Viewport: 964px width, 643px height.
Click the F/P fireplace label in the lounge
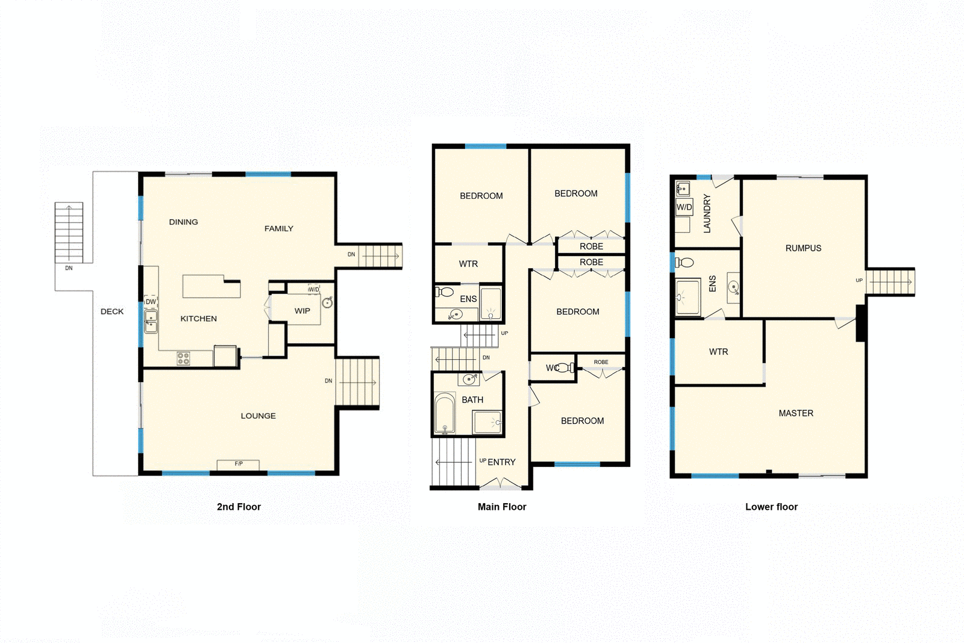pyautogui.click(x=239, y=464)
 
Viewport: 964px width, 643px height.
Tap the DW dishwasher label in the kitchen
pyautogui.click(x=151, y=302)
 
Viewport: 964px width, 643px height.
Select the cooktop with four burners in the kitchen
pyautogui.click(x=183, y=359)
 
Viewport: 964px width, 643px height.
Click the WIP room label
pyautogui.click(x=302, y=311)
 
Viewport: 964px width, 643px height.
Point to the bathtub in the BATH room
pyautogui.click(x=445, y=413)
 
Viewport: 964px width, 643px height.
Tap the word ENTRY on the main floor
pyautogui.click(x=501, y=462)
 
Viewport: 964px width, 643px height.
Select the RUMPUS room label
pyautogui.click(x=803, y=248)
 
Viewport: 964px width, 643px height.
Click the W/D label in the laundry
pyautogui.click(x=684, y=207)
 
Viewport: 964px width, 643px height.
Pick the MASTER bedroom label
pyautogui.click(x=796, y=413)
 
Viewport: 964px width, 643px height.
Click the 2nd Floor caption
pyautogui.click(x=239, y=507)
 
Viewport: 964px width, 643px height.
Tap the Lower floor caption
pyautogui.click(x=771, y=507)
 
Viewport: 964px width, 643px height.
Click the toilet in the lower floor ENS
pyautogui.click(x=685, y=262)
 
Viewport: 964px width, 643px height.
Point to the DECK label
pyautogui.click(x=112, y=312)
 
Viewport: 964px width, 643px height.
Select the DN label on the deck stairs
pyautogui.click(x=69, y=268)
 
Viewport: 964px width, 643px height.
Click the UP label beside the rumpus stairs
pyautogui.click(x=859, y=280)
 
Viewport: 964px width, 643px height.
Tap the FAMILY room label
pyautogui.click(x=279, y=229)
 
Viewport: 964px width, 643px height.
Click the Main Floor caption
pyautogui.click(x=502, y=507)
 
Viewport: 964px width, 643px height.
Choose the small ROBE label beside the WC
pyautogui.click(x=601, y=362)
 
